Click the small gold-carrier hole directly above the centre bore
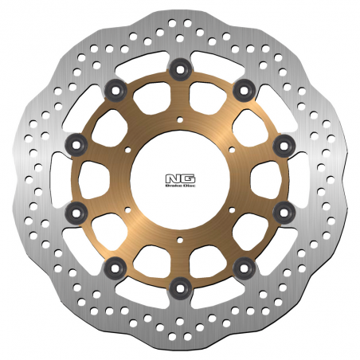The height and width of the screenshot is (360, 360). coord(179,120)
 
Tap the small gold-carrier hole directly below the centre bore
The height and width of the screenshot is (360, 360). coord(179,237)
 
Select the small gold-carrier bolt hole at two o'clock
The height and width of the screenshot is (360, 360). coord(230,149)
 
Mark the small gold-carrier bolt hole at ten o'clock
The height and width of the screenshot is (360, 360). coord(129,149)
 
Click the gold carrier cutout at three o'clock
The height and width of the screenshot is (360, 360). coord(259,177)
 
